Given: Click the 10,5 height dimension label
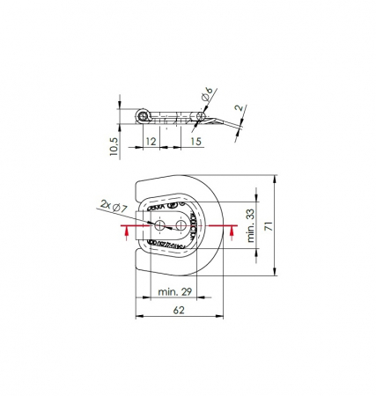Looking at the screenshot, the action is tap(114, 146).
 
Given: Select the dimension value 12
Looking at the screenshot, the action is tap(151, 142).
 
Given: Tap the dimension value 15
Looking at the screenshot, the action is tap(196, 142).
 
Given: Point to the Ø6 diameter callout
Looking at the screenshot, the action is tap(207, 94).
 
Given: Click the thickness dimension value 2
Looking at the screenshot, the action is tap(240, 108).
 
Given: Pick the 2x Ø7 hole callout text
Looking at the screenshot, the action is tap(114, 206).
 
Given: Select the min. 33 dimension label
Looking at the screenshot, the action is tap(250, 225).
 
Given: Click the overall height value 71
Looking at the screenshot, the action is tap(269, 226).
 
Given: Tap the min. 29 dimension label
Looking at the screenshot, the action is tap(175, 291).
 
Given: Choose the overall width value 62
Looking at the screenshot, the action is tap(179, 310).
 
